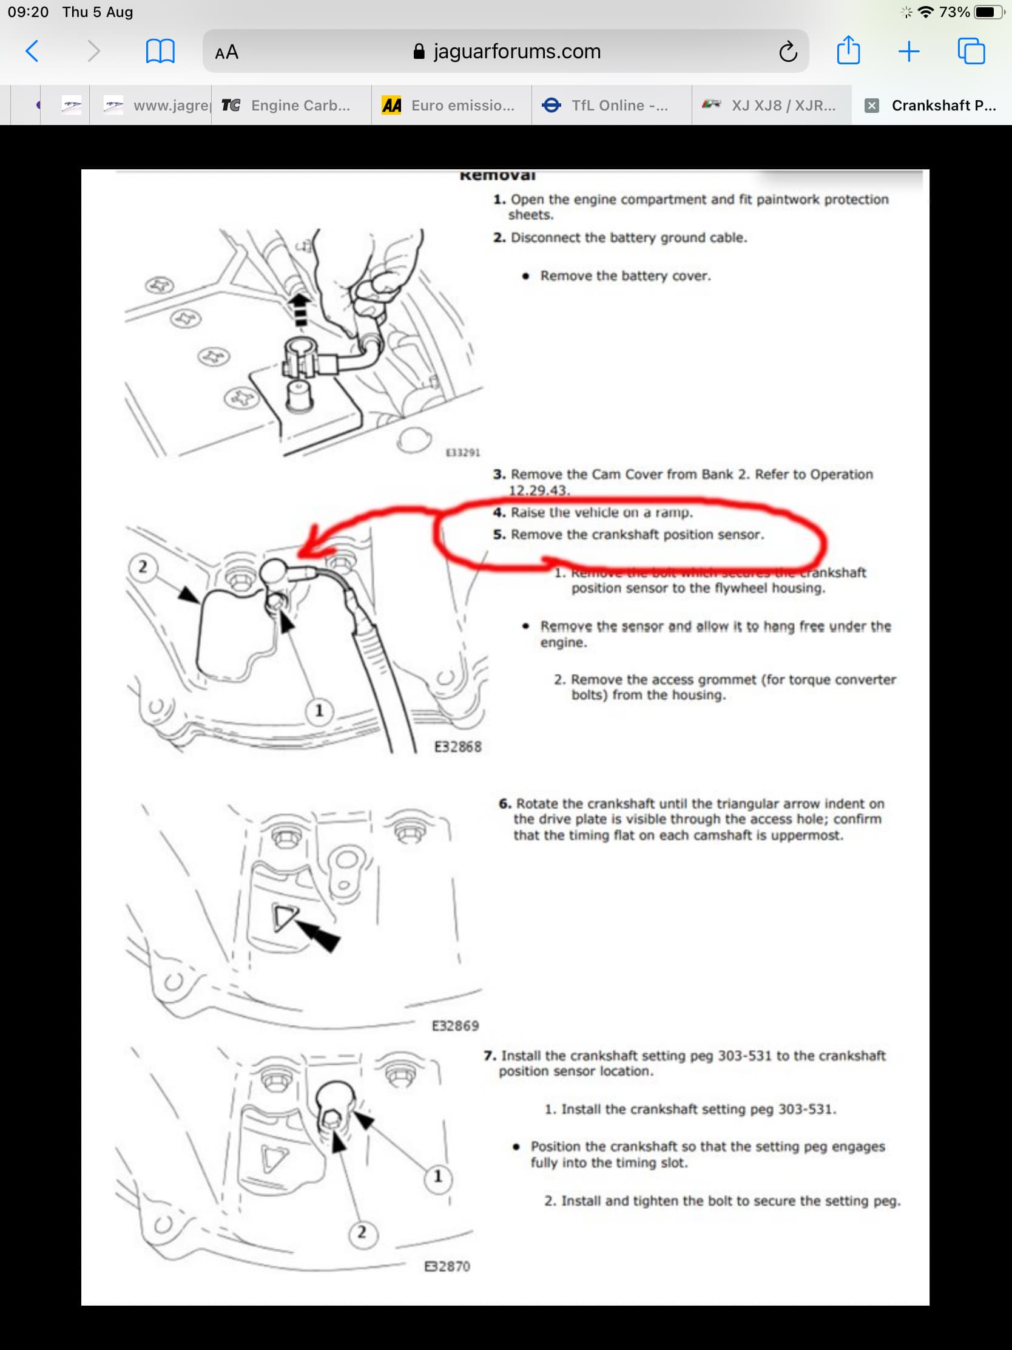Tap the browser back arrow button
[32, 51]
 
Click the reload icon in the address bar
[788, 52]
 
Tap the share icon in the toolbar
[848, 50]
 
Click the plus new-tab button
[908, 51]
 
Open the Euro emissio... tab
[451, 106]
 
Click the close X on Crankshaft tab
[872, 106]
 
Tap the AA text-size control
[226, 52]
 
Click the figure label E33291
[463, 452]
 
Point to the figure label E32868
[457, 747]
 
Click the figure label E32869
[455, 1025]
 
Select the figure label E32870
[447, 1266]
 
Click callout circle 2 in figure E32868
[143, 567]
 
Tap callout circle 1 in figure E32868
[319, 711]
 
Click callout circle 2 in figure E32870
[362, 1232]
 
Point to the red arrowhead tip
[300, 553]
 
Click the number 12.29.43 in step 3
[539, 490]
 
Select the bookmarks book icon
[160, 51]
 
